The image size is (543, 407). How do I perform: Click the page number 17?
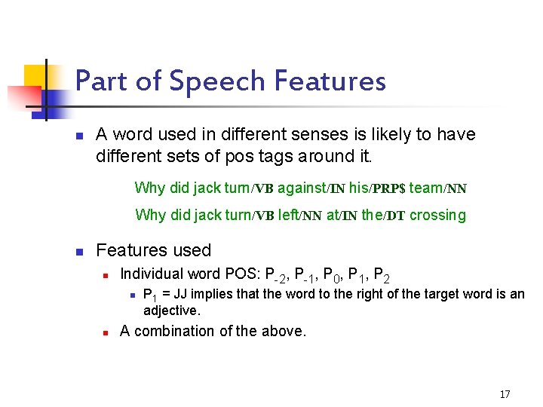tap(505, 394)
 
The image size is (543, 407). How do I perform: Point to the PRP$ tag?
tap(388, 188)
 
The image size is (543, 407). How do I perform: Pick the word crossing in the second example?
tap(438, 215)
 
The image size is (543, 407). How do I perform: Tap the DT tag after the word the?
tap(395, 216)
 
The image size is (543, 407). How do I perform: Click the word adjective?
tap(172, 310)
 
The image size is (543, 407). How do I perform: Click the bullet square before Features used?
tap(78, 251)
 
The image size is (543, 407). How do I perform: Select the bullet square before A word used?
tap(78, 136)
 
